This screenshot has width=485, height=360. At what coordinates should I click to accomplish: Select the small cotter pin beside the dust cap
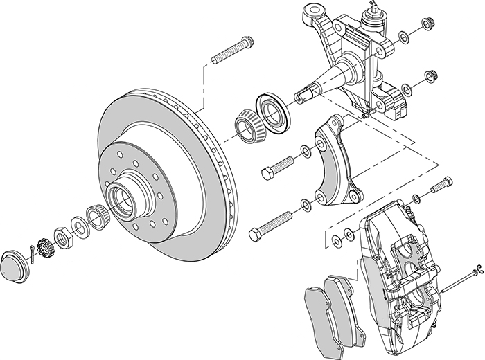[x=35, y=250]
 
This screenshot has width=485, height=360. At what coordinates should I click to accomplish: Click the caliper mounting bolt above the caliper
[x=441, y=186]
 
